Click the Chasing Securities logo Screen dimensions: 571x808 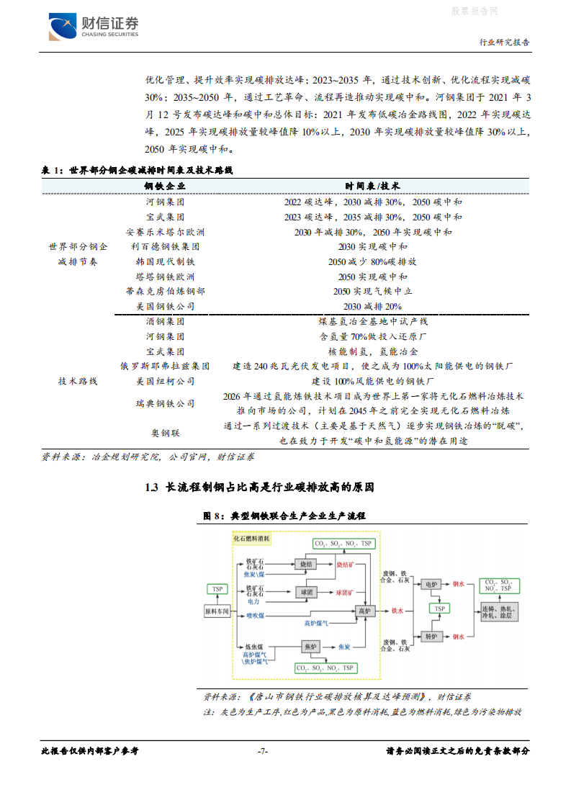[94, 27]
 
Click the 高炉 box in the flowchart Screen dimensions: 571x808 [364, 611]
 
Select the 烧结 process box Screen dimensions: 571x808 [305, 565]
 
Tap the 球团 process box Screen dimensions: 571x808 [305, 592]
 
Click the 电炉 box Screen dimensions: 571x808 [431, 584]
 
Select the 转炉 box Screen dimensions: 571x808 [431, 637]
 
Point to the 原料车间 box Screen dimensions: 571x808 [217, 611]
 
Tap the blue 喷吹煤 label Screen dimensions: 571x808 [256, 616]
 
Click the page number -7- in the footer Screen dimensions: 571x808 [263, 751]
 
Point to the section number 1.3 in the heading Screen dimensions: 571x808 [150, 488]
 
